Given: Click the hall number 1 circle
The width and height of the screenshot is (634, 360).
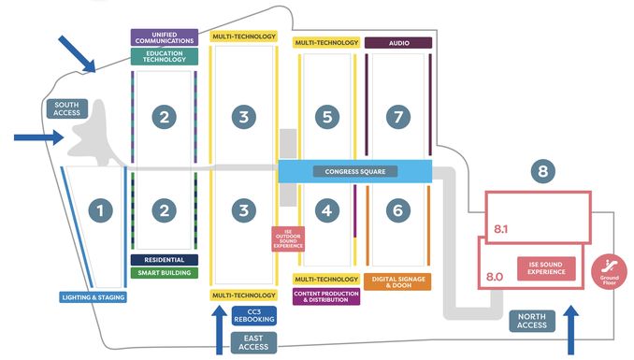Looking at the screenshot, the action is coord(100,210).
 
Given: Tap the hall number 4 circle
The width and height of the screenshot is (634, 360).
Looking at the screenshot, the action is coord(326,210).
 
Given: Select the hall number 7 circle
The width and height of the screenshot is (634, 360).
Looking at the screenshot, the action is coord(398,117).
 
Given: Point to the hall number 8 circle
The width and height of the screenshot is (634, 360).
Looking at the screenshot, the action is coord(542,171).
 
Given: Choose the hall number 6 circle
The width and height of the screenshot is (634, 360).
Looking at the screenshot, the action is coord(397,210).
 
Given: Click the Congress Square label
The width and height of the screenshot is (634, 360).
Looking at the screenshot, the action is coord(355,171).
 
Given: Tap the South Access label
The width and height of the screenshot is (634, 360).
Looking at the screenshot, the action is coord(67,108).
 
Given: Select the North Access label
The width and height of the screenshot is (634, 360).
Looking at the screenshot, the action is coord(532,321).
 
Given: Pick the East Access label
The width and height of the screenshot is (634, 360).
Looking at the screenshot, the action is coord(253,342).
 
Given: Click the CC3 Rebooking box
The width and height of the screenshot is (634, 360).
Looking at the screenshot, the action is coord(254,316).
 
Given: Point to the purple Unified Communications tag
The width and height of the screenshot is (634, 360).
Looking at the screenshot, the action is coord(165,37).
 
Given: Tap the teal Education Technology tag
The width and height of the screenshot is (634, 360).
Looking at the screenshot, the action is coord(165,56).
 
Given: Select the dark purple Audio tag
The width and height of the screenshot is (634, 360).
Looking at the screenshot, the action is coord(398,43).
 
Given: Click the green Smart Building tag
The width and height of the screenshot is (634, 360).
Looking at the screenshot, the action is coord(165,273).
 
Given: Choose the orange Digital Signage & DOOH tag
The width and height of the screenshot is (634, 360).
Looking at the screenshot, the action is coord(397,282).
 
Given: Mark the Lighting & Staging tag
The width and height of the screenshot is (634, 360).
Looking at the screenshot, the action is coord(93,297).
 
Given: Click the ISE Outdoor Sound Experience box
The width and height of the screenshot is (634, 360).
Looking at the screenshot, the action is coord(288,238).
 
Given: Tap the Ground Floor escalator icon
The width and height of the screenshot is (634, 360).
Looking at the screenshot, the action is coord(609,271).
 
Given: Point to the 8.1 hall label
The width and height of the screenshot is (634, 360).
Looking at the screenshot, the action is coord(500,229).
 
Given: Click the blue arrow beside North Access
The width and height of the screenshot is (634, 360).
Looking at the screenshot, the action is coord(571,330).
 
